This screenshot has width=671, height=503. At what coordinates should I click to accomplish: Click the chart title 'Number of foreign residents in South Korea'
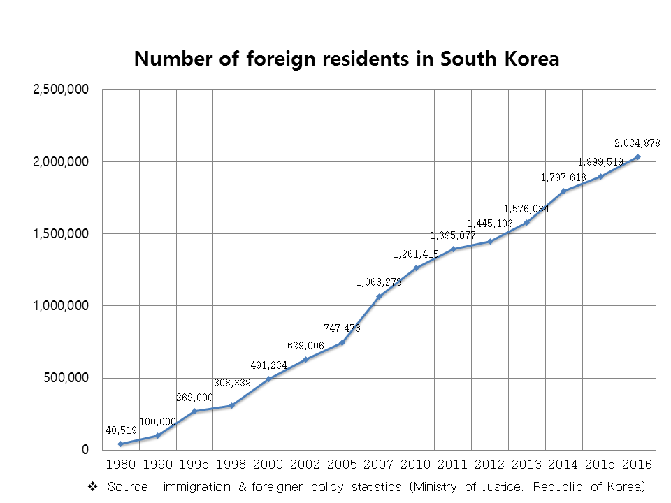(x=347, y=59)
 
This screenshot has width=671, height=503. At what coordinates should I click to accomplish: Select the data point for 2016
(x=637, y=157)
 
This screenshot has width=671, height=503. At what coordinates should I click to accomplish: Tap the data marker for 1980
(x=121, y=444)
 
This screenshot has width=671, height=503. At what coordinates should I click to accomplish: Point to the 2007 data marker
(x=379, y=296)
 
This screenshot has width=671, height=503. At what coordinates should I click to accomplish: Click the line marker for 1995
(x=194, y=411)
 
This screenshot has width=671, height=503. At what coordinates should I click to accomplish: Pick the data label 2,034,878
(x=637, y=143)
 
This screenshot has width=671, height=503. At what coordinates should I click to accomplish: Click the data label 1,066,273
(x=379, y=282)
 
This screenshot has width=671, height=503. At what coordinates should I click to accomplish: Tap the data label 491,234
(x=268, y=365)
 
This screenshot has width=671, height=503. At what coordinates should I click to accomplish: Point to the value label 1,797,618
(x=563, y=177)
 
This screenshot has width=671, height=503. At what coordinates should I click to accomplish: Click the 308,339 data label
(x=232, y=384)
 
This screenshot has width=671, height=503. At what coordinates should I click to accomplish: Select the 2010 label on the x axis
(x=416, y=464)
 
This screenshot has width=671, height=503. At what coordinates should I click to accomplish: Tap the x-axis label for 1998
(x=231, y=464)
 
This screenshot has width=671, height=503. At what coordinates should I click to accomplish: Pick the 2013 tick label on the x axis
(x=526, y=464)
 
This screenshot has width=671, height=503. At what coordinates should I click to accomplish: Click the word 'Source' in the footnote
(x=127, y=486)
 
